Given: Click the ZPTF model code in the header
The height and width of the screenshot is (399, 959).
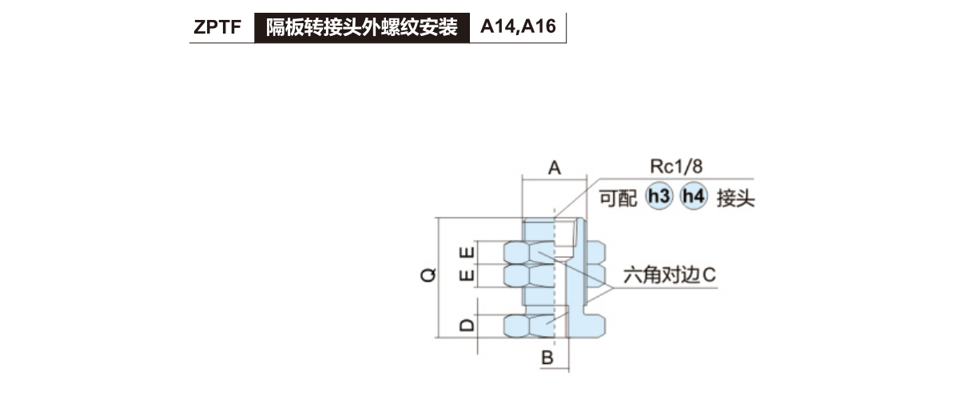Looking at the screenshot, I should (x=217, y=29).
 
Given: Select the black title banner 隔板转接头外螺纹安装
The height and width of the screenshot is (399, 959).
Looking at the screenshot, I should (x=361, y=29).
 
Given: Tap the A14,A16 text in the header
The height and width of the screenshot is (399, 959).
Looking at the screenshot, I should (x=518, y=29).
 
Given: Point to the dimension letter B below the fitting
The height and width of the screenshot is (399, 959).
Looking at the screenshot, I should (x=547, y=358).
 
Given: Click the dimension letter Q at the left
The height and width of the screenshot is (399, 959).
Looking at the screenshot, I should (x=429, y=275).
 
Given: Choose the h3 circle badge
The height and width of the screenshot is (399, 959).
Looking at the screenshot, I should (x=659, y=196).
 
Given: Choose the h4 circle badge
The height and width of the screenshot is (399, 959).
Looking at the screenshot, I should (x=694, y=196).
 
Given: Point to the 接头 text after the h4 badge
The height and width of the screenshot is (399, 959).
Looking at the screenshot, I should (x=736, y=197).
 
